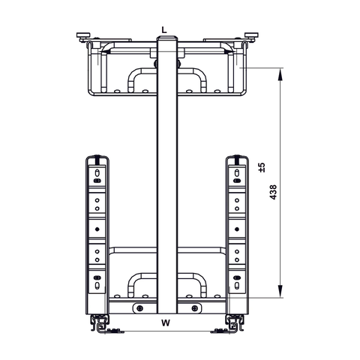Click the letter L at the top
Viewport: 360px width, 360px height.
point(164,30)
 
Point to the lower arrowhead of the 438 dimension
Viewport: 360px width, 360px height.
point(280,294)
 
